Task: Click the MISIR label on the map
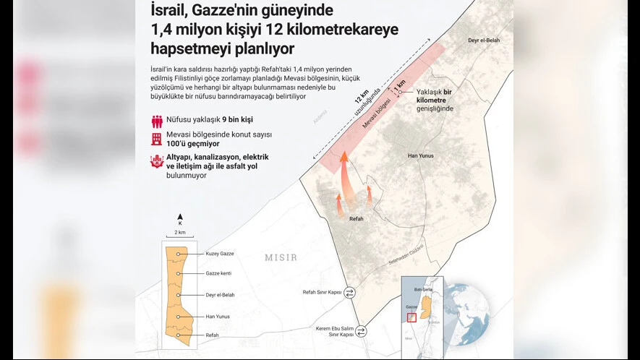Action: (x=281, y=257)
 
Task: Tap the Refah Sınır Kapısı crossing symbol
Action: (x=350, y=293)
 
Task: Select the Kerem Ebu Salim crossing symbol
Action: (x=361, y=331)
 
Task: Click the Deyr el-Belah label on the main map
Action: (x=484, y=40)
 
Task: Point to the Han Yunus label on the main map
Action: (x=420, y=155)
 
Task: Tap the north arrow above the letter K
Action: (x=180, y=217)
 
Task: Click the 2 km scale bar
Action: (x=180, y=239)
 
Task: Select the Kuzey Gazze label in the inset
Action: (x=219, y=254)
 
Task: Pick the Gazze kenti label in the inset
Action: (x=218, y=273)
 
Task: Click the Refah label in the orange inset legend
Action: (x=213, y=335)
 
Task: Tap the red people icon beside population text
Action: (x=157, y=121)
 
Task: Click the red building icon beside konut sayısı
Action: (x=157, y=139)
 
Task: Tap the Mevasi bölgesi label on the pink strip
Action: (x=377, y=116)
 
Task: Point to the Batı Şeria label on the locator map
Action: (x=423, y=289)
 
